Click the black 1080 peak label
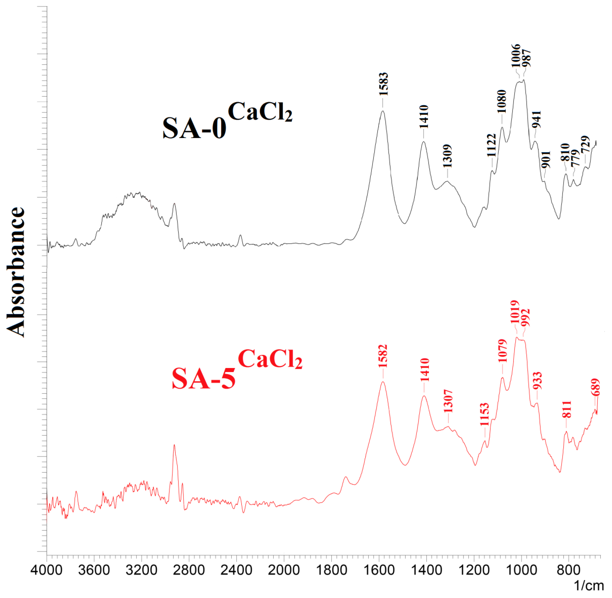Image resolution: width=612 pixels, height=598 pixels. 502,101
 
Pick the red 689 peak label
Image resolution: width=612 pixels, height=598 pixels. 595,387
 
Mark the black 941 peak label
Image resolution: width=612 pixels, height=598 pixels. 536,119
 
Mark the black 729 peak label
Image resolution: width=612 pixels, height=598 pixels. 585,145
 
